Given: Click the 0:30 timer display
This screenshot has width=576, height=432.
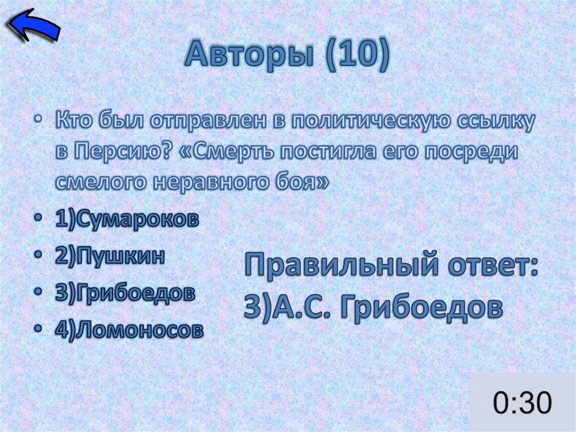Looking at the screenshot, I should click(x=523, y=403).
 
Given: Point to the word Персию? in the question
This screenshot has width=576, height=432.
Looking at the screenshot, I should click(x=117, y=152).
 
